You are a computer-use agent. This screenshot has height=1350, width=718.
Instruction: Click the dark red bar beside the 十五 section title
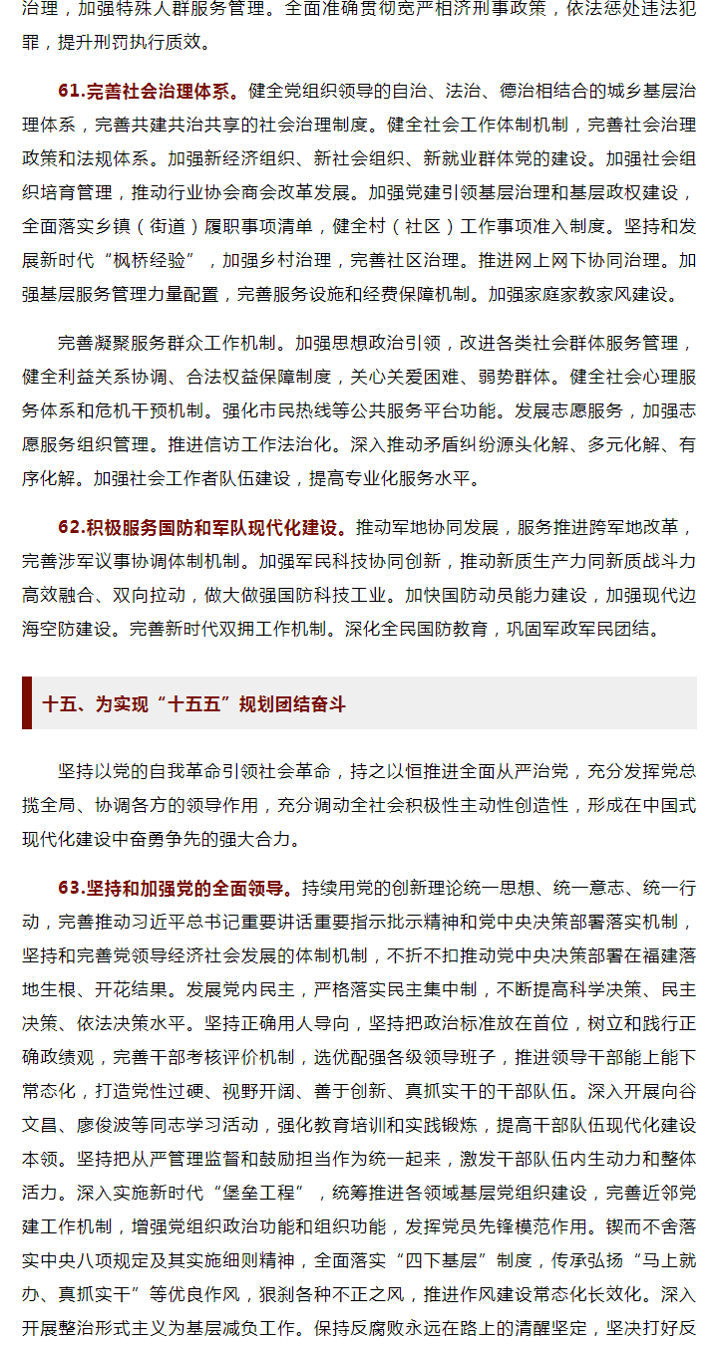pyautogui.click(x=27, y=703)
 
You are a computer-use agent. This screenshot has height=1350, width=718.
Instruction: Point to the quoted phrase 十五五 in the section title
pyautogui.click(x=202, y=704)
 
